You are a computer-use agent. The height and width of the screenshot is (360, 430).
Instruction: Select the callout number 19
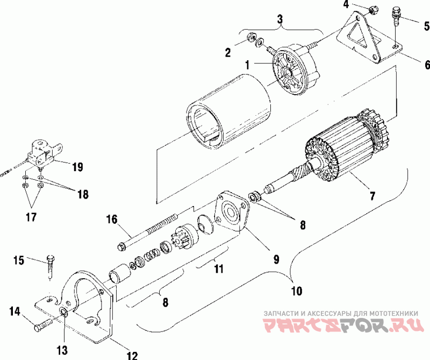(77, 167)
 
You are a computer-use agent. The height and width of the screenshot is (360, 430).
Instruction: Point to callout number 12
(132, 355)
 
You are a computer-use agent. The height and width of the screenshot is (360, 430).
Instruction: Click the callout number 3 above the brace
(279, 20)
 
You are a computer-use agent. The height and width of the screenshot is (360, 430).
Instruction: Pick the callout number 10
(296, 291)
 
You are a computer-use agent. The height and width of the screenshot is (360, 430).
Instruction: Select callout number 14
(15, 310)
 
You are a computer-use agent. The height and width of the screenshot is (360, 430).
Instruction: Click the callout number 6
(427, 65)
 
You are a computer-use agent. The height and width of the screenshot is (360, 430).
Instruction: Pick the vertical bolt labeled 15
(49, 265)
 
